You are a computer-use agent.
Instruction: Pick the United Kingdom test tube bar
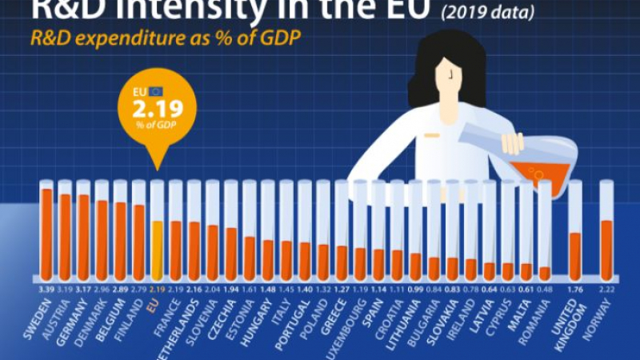[x=574, y=252]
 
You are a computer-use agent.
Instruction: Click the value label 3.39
[x=46, y=286]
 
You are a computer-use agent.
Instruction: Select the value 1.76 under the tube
[x=574, y=286]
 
